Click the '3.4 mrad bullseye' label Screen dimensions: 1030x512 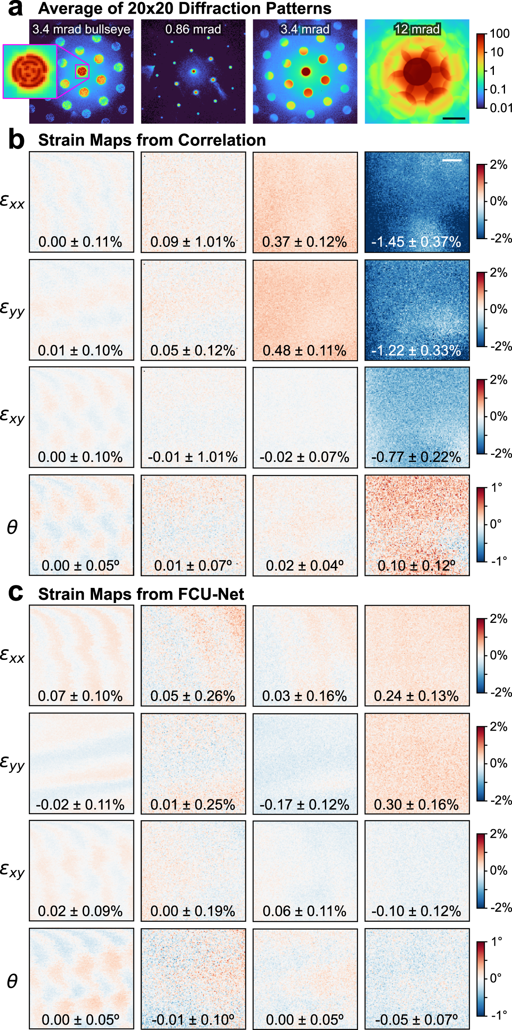pyautogui.click(x=81, y=29)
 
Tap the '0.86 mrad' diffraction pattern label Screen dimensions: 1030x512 pyautogui.click(x=193, y=29)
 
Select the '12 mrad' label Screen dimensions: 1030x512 pyautogui.click(x=417, y=29)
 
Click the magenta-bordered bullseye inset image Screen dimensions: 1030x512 pyautogui.click(x=30, y=72)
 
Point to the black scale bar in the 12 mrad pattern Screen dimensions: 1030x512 pyautogui.click(x=454, y=119)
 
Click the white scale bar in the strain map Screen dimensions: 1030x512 pyautogui.click(x=452, y=160)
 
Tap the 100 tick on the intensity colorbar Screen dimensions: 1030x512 pyautogui.click(x=500, y=34)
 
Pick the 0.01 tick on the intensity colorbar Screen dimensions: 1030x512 pyautogui.click(x=501, y=108)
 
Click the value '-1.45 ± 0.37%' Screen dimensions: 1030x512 pyautogui.click(x=416, y=242)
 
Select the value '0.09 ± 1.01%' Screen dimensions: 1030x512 pyautogui.click(x=193, y=242)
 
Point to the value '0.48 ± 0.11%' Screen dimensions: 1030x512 pyautogui.click(x=304, y=350)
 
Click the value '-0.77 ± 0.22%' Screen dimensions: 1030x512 pyautogui.click(x=416, y=457)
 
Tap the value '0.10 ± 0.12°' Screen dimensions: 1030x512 pyautogui.click(x=416, y=566)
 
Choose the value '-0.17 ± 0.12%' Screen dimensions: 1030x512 pyautogui.click(x=304, y=804)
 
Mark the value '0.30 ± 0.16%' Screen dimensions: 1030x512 pyautogui.click(x=416, y=804)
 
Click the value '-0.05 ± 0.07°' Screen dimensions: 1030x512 pyautogui.click(x=416, y=1020)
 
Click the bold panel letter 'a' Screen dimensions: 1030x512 pyautogui.click(x=16, y=8)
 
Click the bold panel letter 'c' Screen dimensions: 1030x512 pyautogui.click(x=16, y=593)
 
